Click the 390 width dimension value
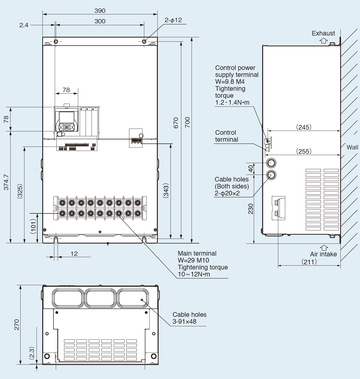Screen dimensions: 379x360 [100, 11]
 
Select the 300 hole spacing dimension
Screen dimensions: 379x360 [100, 21]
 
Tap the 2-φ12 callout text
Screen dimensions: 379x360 [173, 20]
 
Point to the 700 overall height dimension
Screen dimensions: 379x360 [187, 122]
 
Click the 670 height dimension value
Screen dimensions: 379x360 [176, 123]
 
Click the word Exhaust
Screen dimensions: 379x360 [323, 33]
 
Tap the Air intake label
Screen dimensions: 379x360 [323, 254]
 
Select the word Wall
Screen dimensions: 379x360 [352, 147]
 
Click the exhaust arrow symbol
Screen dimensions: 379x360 [323, 40]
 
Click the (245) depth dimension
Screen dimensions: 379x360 [304, 127]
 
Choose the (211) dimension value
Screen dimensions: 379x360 [309, 262]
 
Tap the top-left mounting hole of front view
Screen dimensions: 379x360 [56, 41]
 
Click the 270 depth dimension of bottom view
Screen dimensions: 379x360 [16, 324]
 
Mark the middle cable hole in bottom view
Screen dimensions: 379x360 [100, 298]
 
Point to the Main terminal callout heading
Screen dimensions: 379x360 [197, 253]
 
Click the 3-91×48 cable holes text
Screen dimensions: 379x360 [184, 321]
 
